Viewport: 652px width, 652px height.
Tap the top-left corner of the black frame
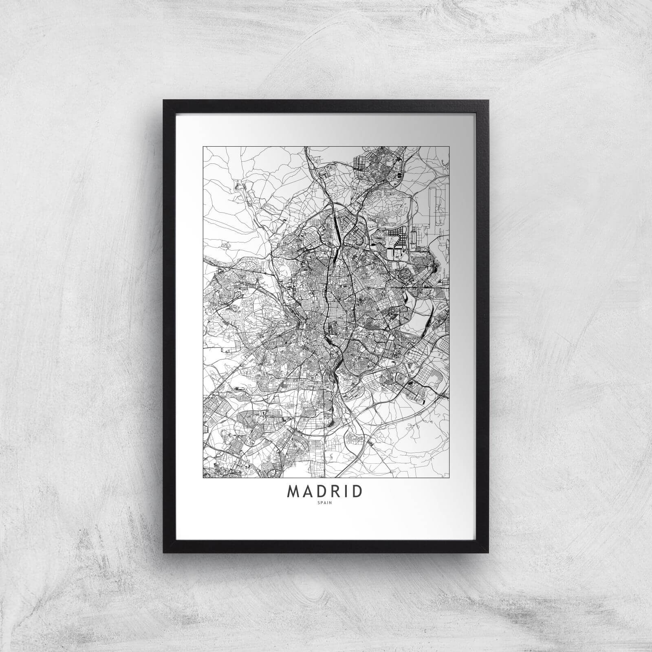coord(164,100)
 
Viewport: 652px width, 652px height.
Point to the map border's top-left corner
coord(203,147)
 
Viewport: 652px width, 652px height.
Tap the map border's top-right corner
coord(449,147)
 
